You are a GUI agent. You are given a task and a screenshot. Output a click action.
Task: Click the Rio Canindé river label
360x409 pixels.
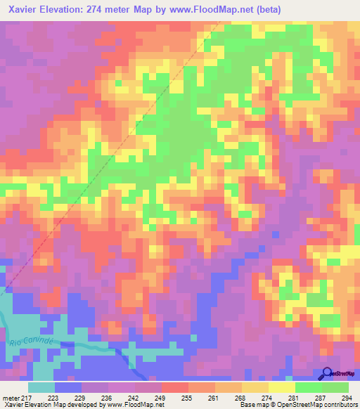point(32,341)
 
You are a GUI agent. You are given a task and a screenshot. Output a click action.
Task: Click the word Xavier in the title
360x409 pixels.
point(21,10)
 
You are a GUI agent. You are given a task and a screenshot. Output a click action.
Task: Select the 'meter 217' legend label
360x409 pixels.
point(15,397)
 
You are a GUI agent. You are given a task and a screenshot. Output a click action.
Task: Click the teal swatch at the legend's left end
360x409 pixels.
point(41,387)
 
